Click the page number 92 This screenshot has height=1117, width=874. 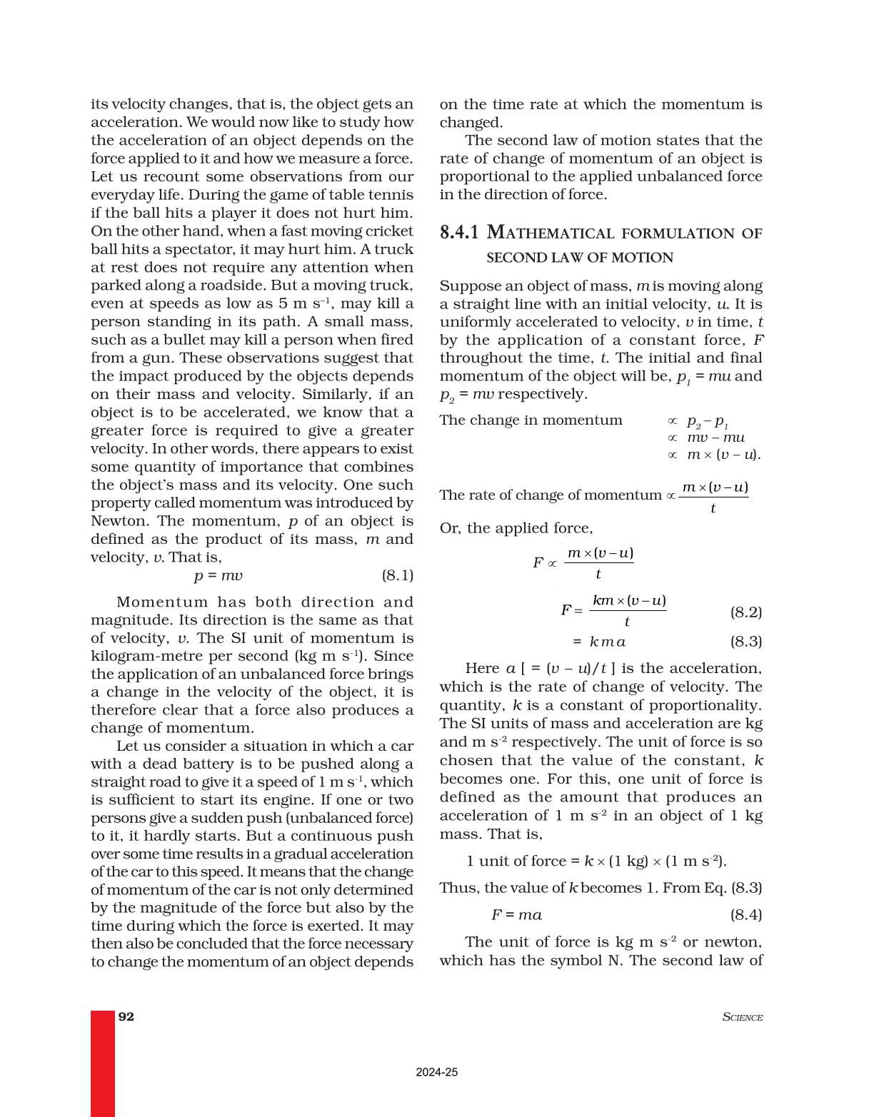pyautogui.click(x=126, y=1016)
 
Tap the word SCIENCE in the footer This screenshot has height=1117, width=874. pyautogui.click(x=742, y=1017)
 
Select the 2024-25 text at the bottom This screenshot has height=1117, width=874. pyautogui.click(x=436, y=1072)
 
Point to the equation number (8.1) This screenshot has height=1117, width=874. pyautogui.click(x=397, y=575)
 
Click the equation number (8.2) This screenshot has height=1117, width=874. pyautogui.click(x=745, y=612)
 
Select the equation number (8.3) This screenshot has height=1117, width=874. pyautogui.click(x=745, y=641)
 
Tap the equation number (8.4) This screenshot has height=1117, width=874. pyautogui.click(x=745, y=914)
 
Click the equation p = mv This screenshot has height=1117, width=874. pyautogui.click(x=218, y=575)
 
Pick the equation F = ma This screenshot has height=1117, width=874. pyautogui.click(x=516, y=914)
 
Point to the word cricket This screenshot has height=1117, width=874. pyautogui.click(x=389, y=231)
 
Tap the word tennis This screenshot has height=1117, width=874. pyautogui.click(x=391, y=195)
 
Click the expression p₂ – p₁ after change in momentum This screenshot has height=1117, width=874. pyautogui.click(x=707, y=421)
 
